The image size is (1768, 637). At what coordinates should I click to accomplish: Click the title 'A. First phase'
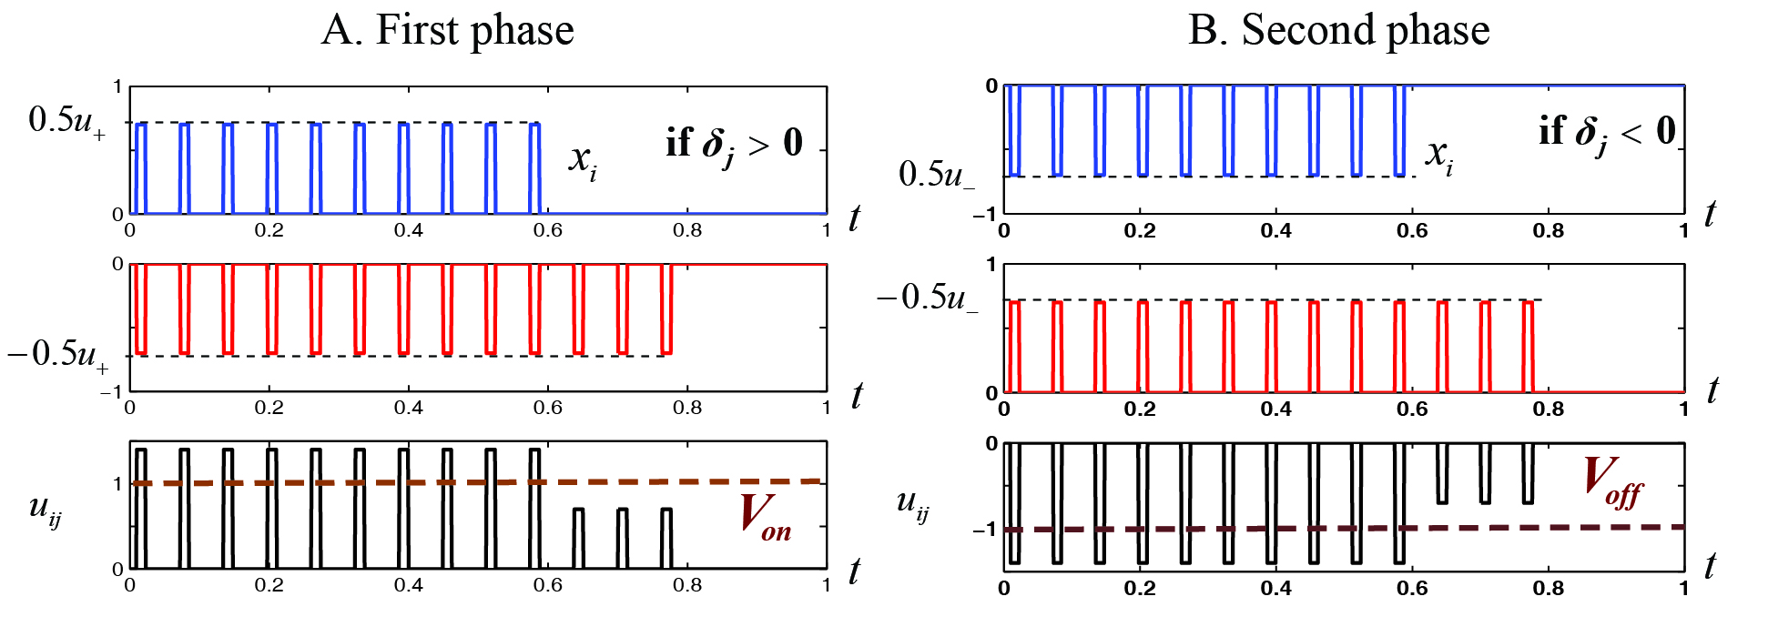tap(448, 30)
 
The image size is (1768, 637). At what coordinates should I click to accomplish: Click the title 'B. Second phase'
tap(1338, 30)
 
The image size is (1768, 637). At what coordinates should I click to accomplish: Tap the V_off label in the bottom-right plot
tap(1612, 481)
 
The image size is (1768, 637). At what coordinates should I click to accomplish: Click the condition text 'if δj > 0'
tap(734, 144)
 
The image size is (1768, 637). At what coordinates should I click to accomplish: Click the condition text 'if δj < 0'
tap(1607, 133)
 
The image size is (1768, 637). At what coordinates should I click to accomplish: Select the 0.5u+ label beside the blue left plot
tap(66, 121)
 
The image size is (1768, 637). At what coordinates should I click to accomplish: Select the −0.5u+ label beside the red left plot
tap(56, 353)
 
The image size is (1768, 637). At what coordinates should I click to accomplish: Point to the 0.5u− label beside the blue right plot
tap(936, 174)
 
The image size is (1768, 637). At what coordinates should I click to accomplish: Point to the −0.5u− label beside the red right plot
tap(927, 298)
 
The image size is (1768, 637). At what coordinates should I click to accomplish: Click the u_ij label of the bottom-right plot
tap(912, 503)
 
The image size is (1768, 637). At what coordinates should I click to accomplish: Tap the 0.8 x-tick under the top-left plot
tap(687, 231)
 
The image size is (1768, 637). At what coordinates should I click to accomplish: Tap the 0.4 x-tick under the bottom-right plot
tap(1275, 588)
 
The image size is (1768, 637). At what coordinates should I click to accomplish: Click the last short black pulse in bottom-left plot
tap(666, 538)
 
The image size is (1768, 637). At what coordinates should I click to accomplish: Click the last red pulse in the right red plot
tap(1529, 346)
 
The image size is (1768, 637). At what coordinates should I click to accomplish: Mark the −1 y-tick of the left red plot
tap(110, 392)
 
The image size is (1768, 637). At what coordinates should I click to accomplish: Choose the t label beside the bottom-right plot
tap(1710, 566)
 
